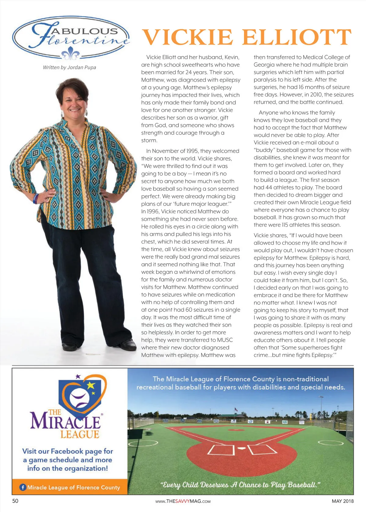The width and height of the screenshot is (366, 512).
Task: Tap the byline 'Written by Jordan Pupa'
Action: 70,67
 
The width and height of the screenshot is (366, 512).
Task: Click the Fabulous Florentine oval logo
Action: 71,37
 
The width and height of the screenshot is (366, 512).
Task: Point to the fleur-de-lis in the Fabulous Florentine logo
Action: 70,54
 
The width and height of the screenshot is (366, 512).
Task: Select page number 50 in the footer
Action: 15,501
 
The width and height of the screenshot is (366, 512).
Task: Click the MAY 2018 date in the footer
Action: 343,501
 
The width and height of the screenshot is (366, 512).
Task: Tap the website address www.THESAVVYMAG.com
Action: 183,501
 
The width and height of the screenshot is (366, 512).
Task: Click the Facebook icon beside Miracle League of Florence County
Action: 23,487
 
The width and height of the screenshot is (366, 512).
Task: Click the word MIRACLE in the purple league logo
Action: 65,421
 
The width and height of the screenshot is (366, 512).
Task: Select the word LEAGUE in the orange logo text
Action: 80,434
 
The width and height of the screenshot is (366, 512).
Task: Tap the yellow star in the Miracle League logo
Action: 91,386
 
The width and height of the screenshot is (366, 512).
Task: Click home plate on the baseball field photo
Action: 241,448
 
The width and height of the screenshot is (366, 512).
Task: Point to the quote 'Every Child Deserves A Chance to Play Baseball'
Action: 240,485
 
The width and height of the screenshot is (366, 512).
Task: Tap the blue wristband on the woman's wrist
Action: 36,198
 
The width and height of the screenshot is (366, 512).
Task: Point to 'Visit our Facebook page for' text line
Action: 68,451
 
